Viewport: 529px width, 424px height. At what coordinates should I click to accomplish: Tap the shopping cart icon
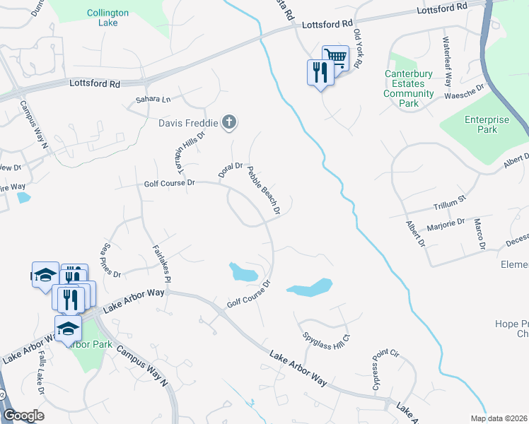tap(335, 57)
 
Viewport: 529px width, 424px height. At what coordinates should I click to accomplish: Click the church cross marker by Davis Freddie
tap(228, 123)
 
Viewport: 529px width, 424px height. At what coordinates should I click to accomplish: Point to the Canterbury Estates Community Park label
tap(409, 88)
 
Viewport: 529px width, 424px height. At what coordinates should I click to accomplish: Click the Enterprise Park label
tap(487, 125)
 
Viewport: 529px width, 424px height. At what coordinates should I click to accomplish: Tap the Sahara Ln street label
tap(149, 100)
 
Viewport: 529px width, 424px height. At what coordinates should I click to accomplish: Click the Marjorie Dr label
tap(446, 226)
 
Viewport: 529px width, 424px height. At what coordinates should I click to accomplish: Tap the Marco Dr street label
tap(481, 234)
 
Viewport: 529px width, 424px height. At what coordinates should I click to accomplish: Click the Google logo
tap(23, 416)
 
